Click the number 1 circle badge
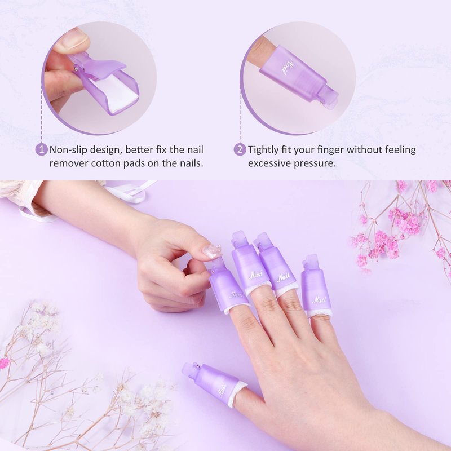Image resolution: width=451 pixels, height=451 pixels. click(41, 149)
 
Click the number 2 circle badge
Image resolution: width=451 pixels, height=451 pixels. click(240, 149)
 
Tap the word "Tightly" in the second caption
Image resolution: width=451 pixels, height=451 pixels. click(266, 150)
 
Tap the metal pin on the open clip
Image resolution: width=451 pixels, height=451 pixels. click(76, 68)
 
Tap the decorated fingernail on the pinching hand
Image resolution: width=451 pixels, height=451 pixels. click(211, 251)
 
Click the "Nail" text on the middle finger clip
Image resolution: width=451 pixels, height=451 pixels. click(256, 275)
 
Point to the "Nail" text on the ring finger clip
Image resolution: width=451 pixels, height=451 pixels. click(283, 278)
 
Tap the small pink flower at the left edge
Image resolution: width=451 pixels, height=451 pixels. click(4, 363)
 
